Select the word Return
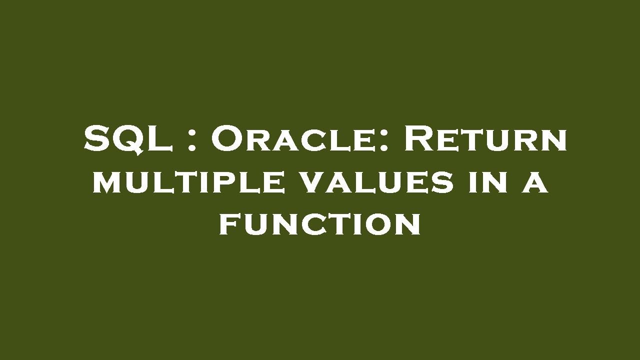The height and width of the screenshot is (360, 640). tap(485, 139)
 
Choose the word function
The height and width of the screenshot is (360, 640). tap(319, 225)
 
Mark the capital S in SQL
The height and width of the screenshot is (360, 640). tap(96, 139)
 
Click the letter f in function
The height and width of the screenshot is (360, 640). tap(229, 225)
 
